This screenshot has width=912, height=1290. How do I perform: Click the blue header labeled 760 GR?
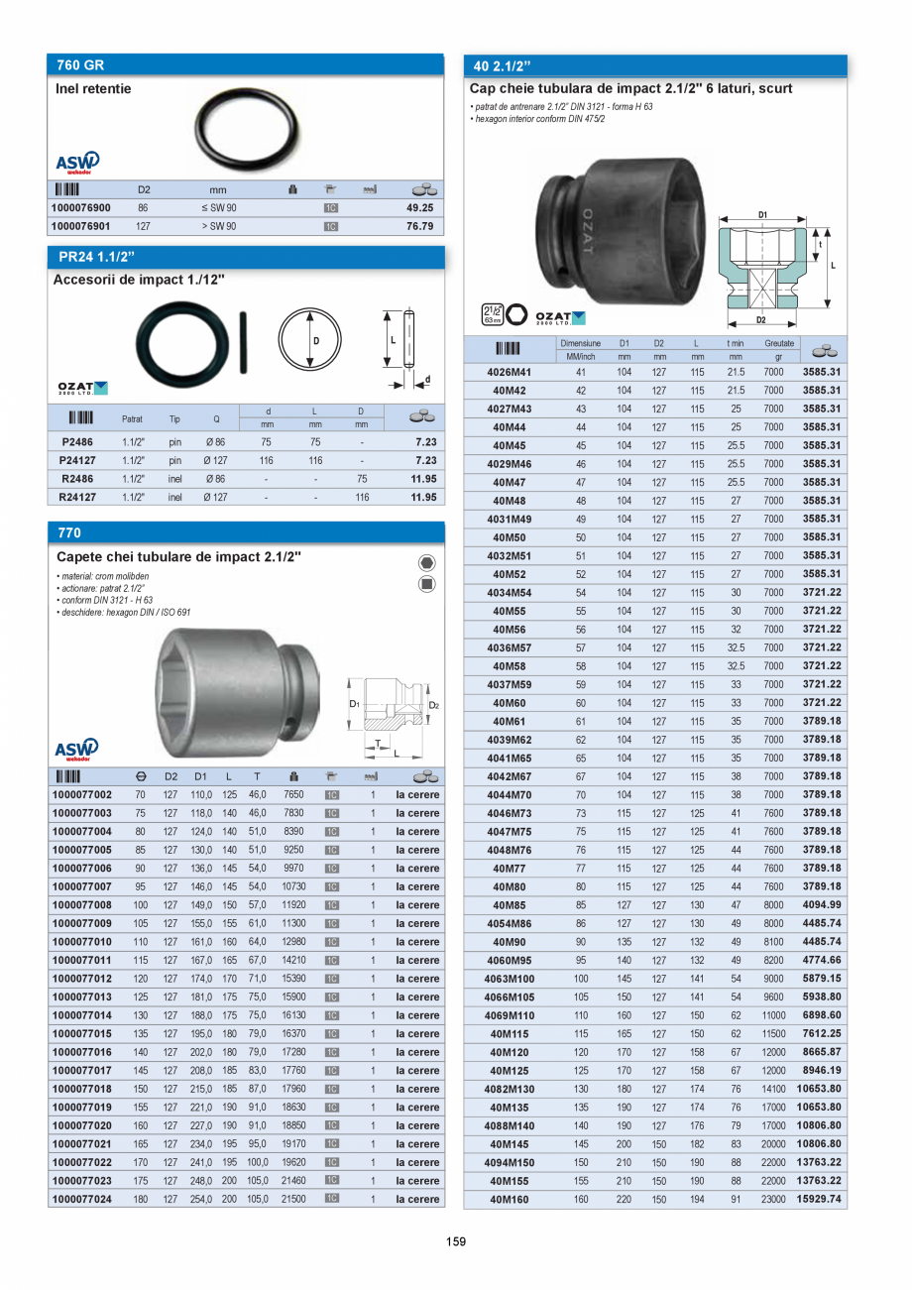(x=245, y=64)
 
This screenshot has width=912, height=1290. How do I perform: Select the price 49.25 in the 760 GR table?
(x=419, y=208)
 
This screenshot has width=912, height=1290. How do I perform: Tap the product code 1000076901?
(x=81, y=226)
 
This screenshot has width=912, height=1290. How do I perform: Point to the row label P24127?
(x=77, y=461)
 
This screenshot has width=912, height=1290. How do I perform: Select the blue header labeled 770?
(x=245, y=532)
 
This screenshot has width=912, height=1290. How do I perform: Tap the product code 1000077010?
(x=82, y=942)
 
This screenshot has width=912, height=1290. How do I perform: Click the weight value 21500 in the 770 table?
(x=293, y=1199)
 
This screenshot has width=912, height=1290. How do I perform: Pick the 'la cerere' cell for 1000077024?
(x=417, y=1199)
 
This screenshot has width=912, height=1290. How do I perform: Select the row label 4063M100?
(x=510, y=979)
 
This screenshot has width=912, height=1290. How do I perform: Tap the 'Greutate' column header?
(x=779, y=343)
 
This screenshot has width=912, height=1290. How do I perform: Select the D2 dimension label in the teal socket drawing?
(x=760, y=320)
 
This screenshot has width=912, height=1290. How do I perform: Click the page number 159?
(x=455, y=1241)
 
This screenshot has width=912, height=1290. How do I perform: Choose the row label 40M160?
(x=510, y=1199)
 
